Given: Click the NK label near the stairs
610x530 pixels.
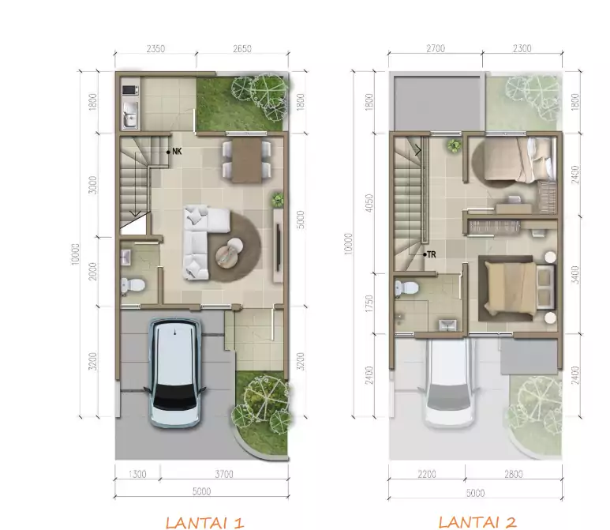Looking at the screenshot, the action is click(177, 152).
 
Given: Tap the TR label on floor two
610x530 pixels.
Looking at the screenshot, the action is click(431, 254).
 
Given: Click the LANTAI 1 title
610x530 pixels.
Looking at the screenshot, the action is click(204, 522).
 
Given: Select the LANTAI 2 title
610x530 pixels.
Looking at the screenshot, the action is click(477, 522).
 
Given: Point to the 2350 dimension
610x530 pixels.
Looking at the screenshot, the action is click(155, 49).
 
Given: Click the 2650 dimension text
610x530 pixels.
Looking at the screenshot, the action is click(242, 49).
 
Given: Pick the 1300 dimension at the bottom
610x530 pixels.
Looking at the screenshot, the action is click(137, 474).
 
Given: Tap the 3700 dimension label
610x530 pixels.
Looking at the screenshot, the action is click(224, 474).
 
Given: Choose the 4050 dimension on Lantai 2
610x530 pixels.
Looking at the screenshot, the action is click(369, 203).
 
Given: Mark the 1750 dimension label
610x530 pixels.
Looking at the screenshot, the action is click(369, 303).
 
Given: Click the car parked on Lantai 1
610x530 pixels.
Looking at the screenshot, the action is click(174, 373).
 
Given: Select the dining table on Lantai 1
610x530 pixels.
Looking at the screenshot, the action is click(247, 160).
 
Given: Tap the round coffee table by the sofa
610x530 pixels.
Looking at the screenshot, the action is click(229, 253).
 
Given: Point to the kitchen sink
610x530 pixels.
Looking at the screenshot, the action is click(130, 115).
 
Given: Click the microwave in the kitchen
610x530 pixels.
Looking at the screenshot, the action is click(130, 90).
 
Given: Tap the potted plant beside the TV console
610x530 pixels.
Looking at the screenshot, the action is click(277, 199).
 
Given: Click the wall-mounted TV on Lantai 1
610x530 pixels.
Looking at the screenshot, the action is click(279, 248).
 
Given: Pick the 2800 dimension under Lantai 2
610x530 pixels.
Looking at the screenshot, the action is click(514, 474).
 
